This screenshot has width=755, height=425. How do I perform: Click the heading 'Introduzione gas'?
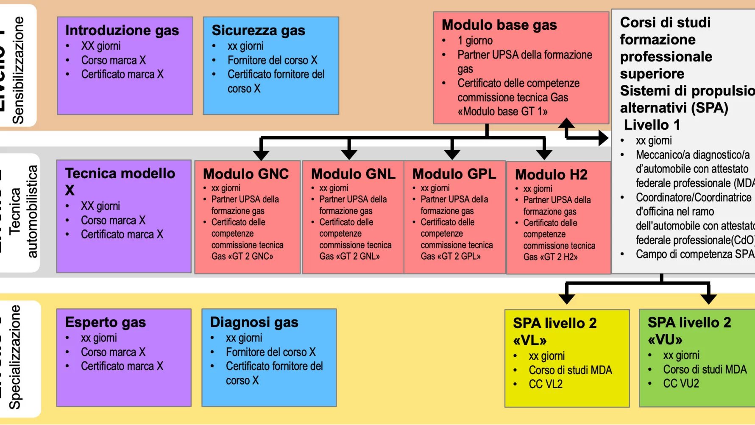point(122,31)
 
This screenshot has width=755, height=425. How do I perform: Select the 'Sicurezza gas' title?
point(258,31)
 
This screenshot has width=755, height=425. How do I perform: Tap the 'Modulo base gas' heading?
point(499,25)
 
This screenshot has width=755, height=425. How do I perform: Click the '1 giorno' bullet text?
point(475,41)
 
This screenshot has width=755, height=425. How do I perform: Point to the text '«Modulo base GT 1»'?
point(502,112)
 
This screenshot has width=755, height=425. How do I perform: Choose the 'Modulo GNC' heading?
point(246,174)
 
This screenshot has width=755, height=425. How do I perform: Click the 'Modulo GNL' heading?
point(353,174)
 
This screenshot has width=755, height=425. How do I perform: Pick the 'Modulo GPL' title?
point(454,174)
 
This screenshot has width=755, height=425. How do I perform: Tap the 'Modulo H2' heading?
point(551,175)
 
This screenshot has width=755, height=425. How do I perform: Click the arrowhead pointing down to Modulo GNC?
point(261,154)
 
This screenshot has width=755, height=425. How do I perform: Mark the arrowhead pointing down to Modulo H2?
point(544,154)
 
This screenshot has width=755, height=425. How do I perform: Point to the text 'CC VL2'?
point(546,384)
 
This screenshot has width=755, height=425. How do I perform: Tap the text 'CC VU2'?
point(681,383)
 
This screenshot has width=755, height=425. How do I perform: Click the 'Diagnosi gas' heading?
point(254,322)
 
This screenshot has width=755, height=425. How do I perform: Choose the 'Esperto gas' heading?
point(106,322)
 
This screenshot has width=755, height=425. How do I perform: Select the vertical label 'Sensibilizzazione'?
point(18,70)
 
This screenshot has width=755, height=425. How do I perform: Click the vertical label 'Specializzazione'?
point(15,357)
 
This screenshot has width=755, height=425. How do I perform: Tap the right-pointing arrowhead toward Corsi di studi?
point(603,138)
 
